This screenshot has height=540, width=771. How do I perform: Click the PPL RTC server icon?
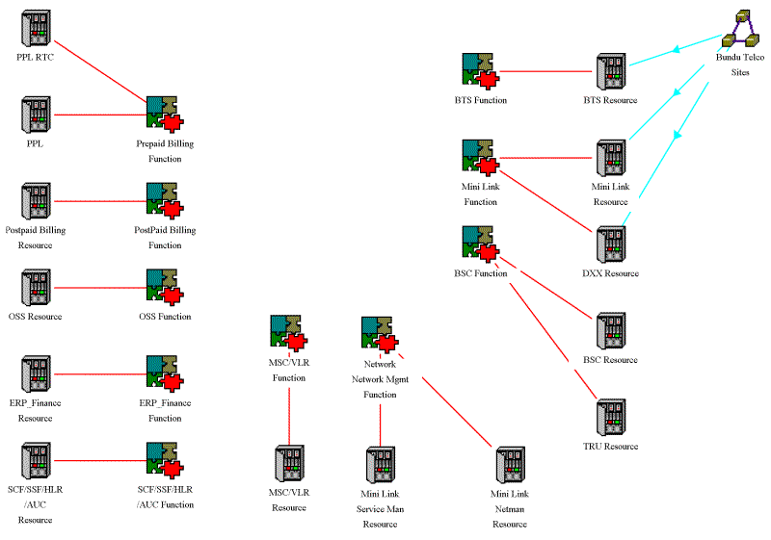[x=37, y=29]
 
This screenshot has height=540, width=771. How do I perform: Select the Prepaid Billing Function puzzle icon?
[x=165, y=115]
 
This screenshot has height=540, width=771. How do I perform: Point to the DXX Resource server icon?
[x=611, y=245]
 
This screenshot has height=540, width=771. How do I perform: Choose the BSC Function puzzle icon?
[x=481, y=244]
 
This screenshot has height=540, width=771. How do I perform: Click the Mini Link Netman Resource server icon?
[x=510, y=465]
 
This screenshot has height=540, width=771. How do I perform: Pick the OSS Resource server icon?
[x=37, y=288]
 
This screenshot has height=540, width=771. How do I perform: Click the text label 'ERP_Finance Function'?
[x=165, y=410]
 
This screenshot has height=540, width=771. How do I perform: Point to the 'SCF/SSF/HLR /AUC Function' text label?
[x=165, y=497]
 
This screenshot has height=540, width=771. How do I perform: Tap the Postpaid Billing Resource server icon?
[x=37, y=202]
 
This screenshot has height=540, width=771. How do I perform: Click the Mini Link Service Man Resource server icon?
[x=380, y=465]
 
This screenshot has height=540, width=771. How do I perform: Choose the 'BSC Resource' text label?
[x=611, y=360]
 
